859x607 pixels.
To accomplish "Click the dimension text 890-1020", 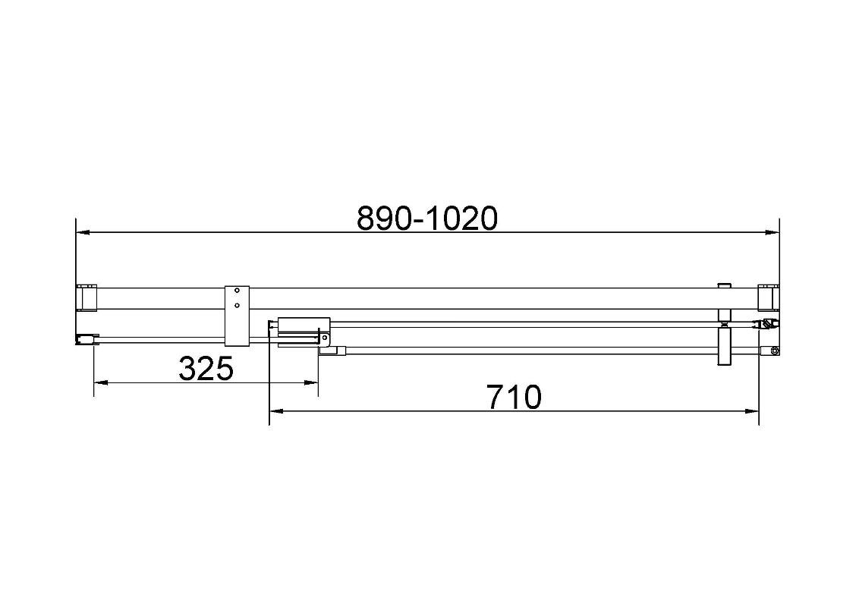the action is click(x=427, y=218).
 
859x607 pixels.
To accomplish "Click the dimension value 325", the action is click(x=206, y=368).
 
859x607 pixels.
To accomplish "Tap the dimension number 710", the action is click(x=514, y=397).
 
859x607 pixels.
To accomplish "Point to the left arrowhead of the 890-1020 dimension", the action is click(x=82, y=233).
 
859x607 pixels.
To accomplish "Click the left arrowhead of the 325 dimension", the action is click(x=101, y=383).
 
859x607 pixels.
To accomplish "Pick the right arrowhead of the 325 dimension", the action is click(x=311, y=383).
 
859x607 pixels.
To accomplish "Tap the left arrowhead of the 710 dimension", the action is click(x=277, y=411).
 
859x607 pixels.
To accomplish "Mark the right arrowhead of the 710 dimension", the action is click(x=751, y=411).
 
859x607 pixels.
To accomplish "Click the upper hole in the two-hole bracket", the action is click(x=238, y=291).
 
